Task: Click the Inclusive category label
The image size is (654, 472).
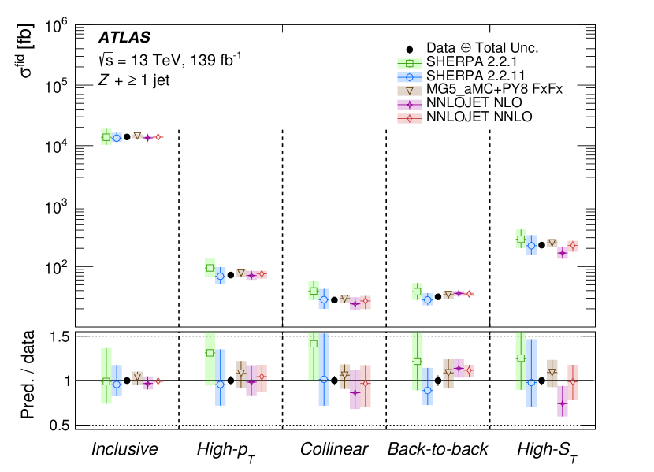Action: (x=124, y=449)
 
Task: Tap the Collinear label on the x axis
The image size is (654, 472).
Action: (x=333, y=449)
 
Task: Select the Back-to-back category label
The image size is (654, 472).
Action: (x=437, y=449)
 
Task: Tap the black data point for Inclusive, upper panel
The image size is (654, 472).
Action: (x=127, y=137)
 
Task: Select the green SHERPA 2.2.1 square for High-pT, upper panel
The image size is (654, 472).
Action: (x=210, y=268)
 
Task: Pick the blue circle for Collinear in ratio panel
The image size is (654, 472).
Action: (x=324, y=380)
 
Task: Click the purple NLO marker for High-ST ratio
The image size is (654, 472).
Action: (x=562, y=403)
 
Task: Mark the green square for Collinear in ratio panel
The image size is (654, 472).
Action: (x=314, y=344)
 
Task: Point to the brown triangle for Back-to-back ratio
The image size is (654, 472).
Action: (x=448, y=372)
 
